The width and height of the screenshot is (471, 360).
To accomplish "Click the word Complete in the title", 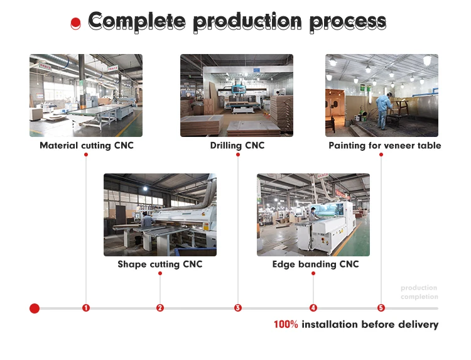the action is (137, 21).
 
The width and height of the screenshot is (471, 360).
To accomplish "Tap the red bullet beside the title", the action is (76, 24).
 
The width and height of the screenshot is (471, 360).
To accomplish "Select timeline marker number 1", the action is (86, 308).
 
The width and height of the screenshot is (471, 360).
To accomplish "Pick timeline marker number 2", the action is (160, 308).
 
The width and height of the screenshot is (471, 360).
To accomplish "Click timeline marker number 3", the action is (238, 308).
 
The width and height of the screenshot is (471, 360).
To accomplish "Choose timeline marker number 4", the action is (313, 308).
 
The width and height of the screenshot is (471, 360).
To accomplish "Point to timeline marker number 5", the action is (381, 308).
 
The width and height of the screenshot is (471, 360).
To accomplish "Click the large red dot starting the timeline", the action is (35, 308).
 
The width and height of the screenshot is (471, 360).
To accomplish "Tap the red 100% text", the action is (286, 325).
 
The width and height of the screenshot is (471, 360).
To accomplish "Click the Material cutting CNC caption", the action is (87, 145).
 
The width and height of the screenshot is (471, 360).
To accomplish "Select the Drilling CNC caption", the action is (237, 145).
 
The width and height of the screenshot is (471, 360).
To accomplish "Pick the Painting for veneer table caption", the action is (385, 145).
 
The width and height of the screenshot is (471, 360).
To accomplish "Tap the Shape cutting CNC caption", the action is (160, 264).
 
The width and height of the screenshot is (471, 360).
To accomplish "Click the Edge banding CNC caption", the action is (315, 264).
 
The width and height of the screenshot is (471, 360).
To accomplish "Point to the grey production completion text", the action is (420, 292).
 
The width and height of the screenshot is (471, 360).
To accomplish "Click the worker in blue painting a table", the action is (383, 111).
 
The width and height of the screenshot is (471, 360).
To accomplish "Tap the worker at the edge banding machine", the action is (313, 214).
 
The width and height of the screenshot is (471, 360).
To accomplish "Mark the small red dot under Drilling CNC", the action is (238, 155).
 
